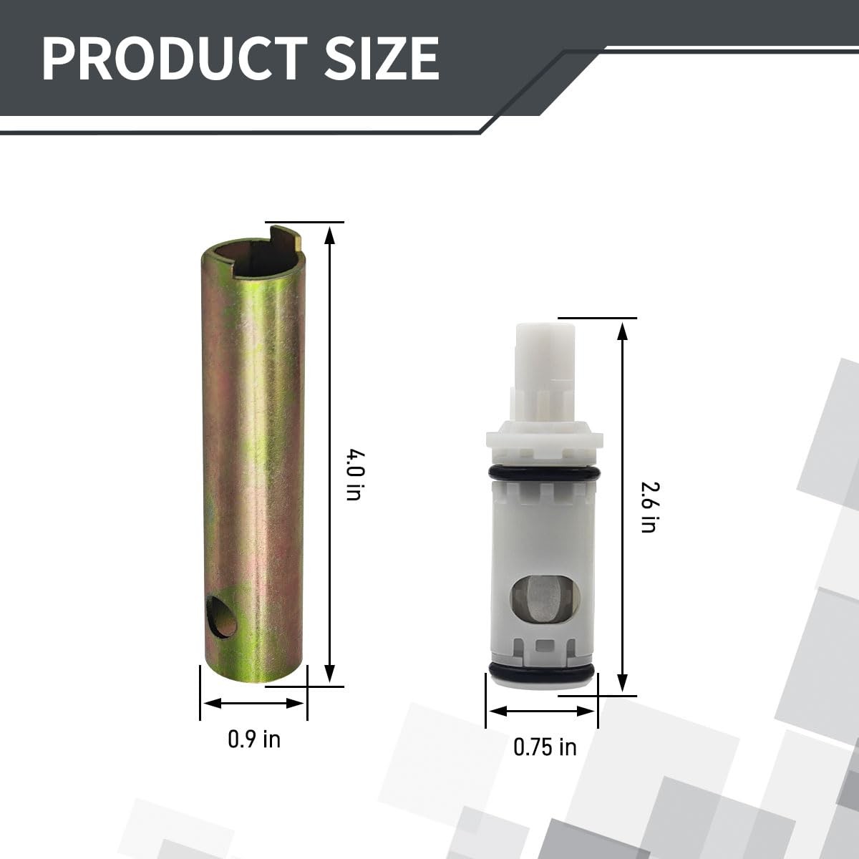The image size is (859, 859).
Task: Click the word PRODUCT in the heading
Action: [175, 59]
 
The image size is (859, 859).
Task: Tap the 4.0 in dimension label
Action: [356, 475]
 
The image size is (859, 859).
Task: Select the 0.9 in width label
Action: [254, 739]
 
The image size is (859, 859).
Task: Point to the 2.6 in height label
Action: [648, 508]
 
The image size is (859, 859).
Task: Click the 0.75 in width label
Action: [545, 747]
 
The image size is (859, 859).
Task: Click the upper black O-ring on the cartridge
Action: [544, 473]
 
